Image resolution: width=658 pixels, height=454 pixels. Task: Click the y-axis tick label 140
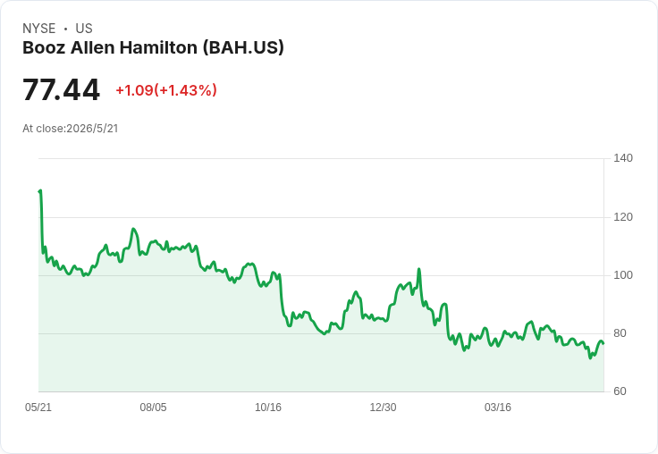[x=623, y=158]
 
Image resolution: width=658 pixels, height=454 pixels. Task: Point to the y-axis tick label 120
[x=623, y=217]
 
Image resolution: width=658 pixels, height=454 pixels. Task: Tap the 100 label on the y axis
[x=623, y=275]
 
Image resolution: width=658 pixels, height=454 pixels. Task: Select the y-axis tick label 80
[x=620, y=333]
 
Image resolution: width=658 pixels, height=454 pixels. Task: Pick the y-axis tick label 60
[x=620, y=391]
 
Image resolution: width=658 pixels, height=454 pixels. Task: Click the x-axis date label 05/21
[x=38, y=408]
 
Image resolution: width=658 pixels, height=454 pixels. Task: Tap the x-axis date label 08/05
[x=153, y=408]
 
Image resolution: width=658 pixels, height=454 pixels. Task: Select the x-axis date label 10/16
[x=268, y=408]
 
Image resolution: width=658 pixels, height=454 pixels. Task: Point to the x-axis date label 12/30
[x=383, y=408]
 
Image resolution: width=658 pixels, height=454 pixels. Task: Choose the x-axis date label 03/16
[x=498, y=408]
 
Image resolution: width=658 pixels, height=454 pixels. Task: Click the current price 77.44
[x=62, y=89]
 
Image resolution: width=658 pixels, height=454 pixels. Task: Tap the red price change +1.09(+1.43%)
[x=166, y=90]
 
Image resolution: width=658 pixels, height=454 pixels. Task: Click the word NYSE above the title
[x=39, y=29]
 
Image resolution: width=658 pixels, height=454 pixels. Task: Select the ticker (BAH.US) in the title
[x=243, y=48]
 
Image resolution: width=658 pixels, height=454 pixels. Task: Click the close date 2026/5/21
[x=92, y=129]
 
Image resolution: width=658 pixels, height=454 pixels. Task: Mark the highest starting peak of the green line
[x=40, y=190]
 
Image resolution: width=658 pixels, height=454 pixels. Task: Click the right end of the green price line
[x=603, y=344]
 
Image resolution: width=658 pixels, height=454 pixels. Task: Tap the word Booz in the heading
[x=44, y=47]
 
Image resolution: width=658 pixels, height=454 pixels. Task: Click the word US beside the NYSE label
[x=84, y=29]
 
